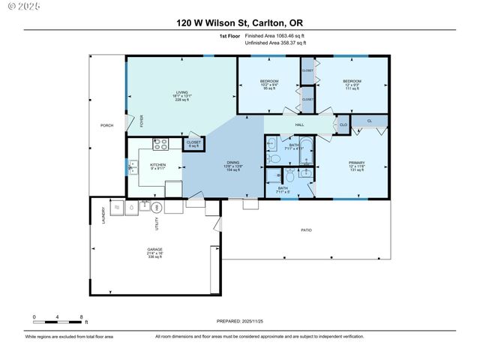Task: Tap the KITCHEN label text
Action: [157, 165]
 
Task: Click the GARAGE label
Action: [154, 249]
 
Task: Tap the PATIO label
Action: [306, 230]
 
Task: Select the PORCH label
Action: [107, 125]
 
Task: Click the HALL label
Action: [299, 124]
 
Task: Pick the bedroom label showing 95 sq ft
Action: [268, 81]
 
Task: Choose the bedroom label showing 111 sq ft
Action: [352, 81]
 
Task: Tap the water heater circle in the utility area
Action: [157, 207]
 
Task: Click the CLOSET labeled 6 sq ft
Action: [193, 142]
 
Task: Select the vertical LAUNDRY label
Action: [103, 214]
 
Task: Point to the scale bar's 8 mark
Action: [81, 318]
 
